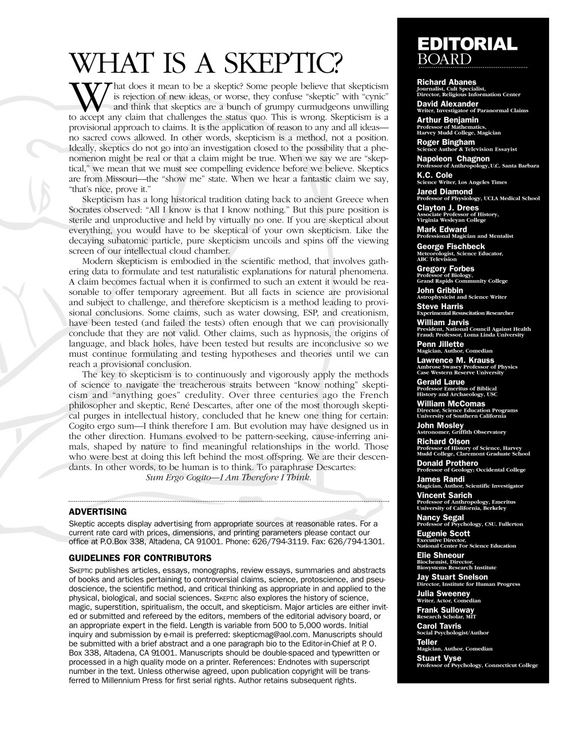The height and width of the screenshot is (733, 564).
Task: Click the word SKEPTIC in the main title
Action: pos(275,62)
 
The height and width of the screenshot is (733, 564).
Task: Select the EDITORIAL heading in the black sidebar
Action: pos(467,44)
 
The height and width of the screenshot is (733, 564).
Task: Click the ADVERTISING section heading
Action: pos(97,511)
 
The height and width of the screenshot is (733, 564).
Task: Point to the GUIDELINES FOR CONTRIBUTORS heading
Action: pos(140,558)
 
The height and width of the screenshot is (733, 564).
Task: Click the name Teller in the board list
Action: pos(427,642)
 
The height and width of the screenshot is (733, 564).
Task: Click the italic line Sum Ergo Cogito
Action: pos(229,476)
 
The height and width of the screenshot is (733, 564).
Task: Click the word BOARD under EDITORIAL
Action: pos(444,59)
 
